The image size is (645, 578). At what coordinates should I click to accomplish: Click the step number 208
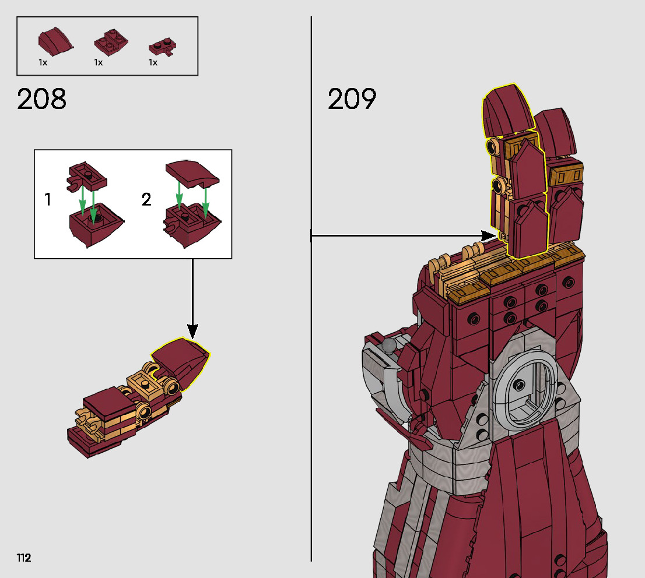click(x=42, y=100)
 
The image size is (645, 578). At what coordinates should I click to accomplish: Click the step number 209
click(x=352, y=100)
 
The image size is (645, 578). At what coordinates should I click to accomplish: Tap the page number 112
click(x=24, y=558)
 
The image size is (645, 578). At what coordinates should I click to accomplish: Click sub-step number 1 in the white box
click(x=48, y=200)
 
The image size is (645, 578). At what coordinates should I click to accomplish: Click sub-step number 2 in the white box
click(x=146, y=200)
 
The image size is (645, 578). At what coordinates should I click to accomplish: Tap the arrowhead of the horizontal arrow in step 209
click(x=488, y=235)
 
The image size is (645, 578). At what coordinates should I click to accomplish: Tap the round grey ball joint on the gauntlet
click(x=388, y=346)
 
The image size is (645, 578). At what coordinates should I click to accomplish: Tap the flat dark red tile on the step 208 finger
click(x=108, y=402)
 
